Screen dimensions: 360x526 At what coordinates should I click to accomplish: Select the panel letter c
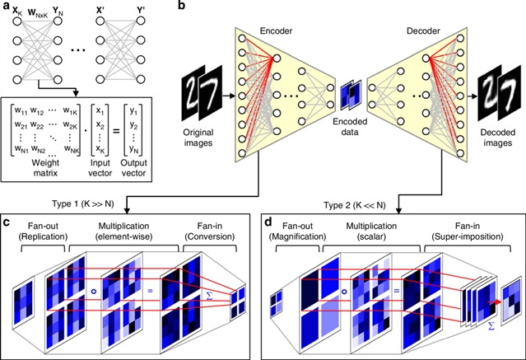[x=7, y=222]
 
